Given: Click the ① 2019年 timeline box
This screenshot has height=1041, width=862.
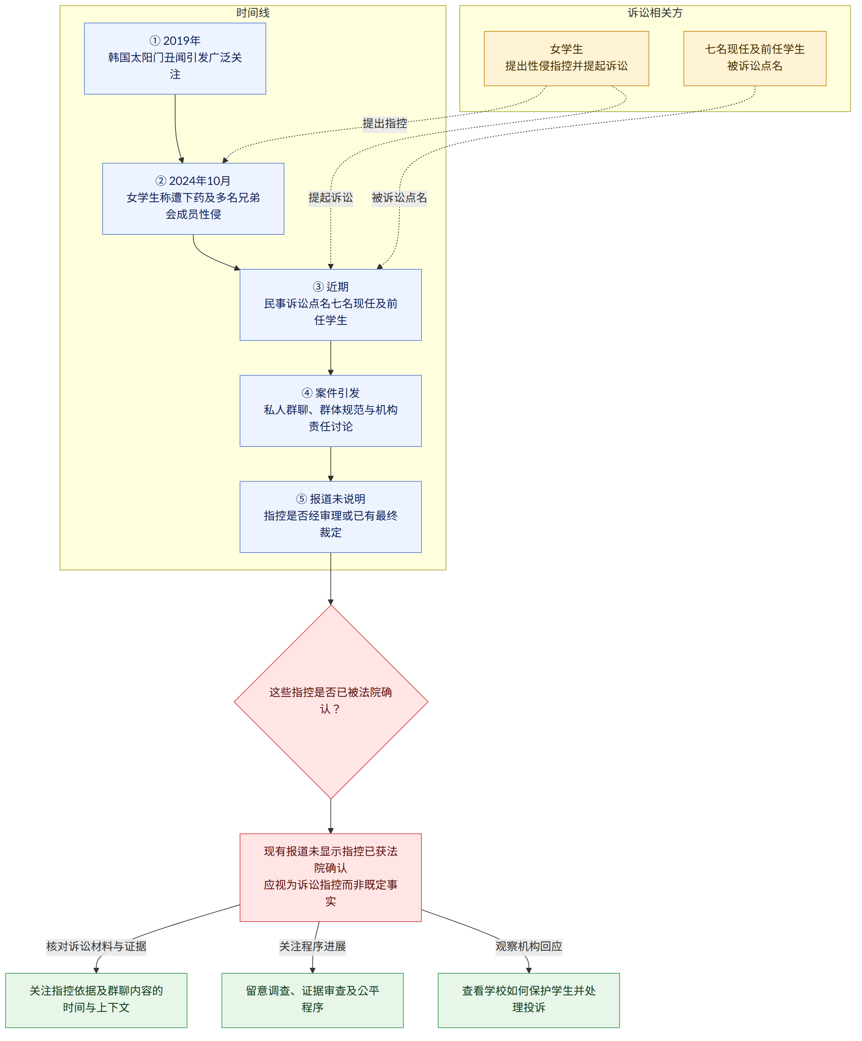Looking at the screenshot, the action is click(x=175, y=59).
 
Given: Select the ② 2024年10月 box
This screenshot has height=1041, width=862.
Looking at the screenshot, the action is click(x=193, y=199).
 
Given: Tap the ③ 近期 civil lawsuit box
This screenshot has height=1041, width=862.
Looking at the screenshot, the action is click(x=331, y=305).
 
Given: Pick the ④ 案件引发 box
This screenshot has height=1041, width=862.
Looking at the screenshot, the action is click(x=331, y=411).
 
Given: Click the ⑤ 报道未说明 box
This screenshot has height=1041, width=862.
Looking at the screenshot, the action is click(x=331, y=517).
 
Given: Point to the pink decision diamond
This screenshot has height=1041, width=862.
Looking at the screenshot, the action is click(x=331, y=702).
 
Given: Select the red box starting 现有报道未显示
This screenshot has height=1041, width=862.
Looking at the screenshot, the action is click(x=331, y=878).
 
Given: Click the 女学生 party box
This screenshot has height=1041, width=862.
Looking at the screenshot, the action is click(x=566, y=59).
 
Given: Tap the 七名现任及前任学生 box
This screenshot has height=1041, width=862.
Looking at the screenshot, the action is click(x=755, y=59).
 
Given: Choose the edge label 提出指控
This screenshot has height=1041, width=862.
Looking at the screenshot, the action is click(x=385, y=123).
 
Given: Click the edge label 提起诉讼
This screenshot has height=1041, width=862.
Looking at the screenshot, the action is click(x=331, y=198).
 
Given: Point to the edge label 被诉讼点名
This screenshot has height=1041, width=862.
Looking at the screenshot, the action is click(x=400, y=198).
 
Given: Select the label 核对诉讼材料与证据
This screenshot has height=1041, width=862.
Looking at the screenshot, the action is click(x=96, y=946).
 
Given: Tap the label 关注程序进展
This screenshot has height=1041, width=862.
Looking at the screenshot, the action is click(x=312, y=946).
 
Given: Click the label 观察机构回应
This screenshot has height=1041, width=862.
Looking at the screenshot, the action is click(x=529, y=946).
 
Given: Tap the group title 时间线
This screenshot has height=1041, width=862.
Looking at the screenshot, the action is click(x=253, y=13).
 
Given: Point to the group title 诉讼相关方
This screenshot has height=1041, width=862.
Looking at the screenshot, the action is click(x=655, y=13).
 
